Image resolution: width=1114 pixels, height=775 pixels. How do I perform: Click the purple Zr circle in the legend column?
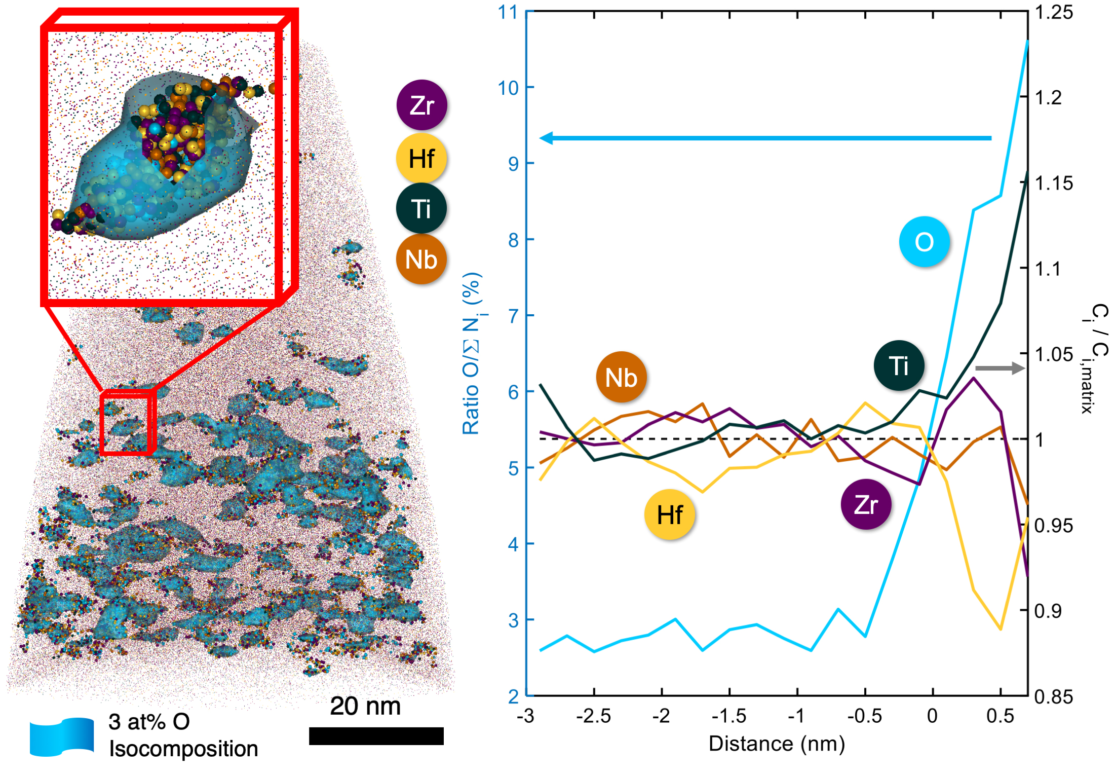click(421, 105)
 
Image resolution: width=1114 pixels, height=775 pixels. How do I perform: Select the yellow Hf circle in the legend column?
click(421, 158)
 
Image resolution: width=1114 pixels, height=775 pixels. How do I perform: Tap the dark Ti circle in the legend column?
click(421, 208)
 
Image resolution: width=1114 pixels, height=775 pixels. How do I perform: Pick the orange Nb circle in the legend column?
click(421, 259)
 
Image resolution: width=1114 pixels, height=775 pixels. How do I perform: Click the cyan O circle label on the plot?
click(924, 241)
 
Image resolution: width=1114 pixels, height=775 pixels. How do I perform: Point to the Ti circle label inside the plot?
click(899, 365)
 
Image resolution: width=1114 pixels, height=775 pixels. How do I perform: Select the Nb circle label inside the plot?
click(621, 377)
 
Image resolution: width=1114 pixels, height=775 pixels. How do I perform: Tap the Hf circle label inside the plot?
click(669, 514)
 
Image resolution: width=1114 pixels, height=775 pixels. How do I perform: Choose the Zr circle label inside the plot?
click(866, 504)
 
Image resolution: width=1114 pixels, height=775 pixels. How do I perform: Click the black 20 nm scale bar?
click(376, 736)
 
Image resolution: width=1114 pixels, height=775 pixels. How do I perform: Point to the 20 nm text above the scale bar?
click(365, 706)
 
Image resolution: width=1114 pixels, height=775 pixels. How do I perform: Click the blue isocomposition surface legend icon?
click(62, 737)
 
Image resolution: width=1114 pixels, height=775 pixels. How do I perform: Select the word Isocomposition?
click(183, 749)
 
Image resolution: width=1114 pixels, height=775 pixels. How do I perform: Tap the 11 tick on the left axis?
click(508, 12)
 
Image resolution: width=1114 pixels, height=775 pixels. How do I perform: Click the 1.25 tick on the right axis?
click(1053, 12)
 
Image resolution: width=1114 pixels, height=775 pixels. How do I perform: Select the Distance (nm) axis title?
click(777, 744)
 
